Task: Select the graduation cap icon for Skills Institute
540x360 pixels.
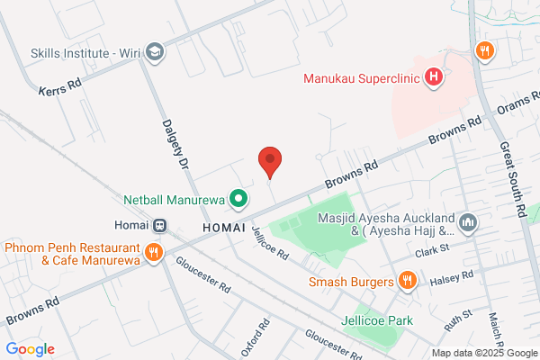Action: coord(155,50)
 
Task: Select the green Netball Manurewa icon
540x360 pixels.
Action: coord(238,196)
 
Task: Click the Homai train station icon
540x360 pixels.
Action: coord(158,225)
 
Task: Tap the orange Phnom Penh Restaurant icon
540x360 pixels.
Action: coord(155,252)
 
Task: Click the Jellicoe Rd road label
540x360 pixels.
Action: coord(270,243)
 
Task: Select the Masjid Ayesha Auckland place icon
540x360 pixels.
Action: coord(467,221)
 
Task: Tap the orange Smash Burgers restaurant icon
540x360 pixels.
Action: coord(407,281)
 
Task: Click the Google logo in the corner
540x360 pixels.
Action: coord(30,348)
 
